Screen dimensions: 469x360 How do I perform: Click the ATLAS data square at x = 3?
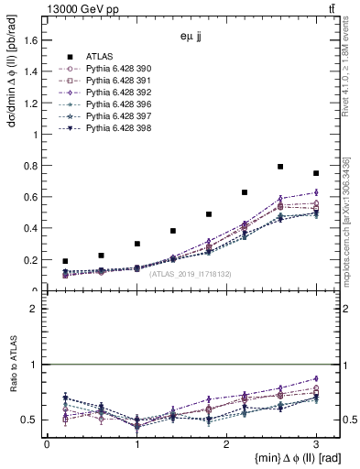(x=316, y=173)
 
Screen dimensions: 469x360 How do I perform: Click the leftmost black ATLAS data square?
(x=65, y=261)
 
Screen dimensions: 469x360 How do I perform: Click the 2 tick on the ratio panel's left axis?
(x=37, y=309)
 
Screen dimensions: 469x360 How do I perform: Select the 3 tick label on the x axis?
(x=316, y=444)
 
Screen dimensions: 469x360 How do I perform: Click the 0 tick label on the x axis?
(x=47, y=444)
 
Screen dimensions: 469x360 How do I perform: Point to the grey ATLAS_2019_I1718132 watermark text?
(x=189, y=274)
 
